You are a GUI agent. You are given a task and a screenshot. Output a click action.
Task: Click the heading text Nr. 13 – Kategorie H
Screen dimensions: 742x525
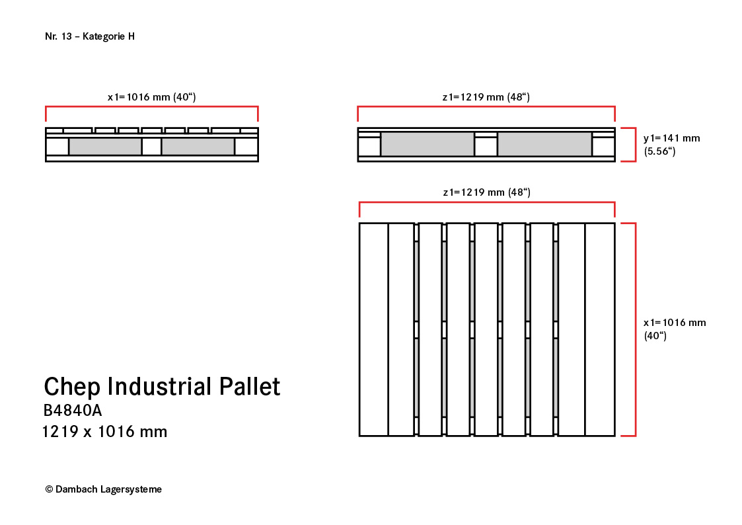tap(90, 36)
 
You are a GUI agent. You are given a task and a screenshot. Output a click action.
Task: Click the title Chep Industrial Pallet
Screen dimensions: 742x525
tap(162, 386)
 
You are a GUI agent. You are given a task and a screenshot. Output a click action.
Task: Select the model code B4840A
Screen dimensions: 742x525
tap(73, 411)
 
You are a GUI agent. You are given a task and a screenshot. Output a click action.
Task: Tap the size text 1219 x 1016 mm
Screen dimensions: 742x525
tap(104, 432)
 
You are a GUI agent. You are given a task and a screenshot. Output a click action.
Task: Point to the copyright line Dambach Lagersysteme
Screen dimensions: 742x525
tap(104, 489)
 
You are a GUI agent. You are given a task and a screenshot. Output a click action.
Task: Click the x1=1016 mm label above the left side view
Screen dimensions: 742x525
tap(151, 97)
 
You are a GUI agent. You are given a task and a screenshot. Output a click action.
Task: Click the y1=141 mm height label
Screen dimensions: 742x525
tap(671, 144)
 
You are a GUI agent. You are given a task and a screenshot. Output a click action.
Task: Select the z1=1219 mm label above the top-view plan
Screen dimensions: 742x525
tap(486, 192)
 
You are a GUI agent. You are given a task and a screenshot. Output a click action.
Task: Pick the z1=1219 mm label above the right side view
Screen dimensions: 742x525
tap(486, 97)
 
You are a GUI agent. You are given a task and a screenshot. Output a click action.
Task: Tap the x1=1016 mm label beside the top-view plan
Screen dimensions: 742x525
tap(675, 329)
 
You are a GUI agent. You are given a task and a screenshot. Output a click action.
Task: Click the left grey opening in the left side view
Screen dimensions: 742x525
tap(105, 146)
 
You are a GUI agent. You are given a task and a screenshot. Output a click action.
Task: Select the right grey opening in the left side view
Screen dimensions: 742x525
tap(198, 146)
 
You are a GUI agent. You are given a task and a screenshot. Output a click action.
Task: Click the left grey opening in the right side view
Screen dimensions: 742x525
tap(427, 144)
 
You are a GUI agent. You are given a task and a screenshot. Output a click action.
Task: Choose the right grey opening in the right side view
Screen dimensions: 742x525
tap(544, 144)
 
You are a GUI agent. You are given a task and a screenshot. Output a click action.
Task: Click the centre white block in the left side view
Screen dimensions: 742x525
tap(151, 146)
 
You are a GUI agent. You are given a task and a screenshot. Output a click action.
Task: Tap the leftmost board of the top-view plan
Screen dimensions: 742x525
tap(374, 329)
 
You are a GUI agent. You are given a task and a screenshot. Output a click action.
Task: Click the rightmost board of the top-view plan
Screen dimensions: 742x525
tap(600, 329)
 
